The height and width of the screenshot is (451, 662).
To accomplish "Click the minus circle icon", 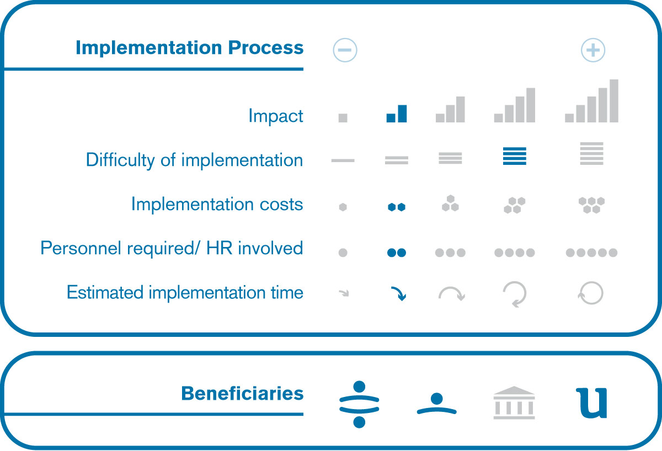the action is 345,50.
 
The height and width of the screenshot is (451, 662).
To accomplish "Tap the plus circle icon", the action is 593,50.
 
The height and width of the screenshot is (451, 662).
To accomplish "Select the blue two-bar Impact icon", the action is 397,114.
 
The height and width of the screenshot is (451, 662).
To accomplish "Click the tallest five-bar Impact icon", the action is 591,101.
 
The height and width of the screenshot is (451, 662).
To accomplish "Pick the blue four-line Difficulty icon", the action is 515,156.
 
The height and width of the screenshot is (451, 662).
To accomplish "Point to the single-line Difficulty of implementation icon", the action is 343,160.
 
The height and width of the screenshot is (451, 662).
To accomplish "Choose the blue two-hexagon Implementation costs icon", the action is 397,207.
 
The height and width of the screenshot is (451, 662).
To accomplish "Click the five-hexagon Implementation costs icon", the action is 591,205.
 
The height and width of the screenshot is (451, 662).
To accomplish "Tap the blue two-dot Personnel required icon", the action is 397,253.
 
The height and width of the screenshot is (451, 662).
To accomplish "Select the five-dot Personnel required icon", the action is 591,253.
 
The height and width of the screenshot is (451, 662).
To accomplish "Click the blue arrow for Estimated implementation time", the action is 399,293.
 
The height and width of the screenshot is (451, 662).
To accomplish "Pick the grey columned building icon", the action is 514,402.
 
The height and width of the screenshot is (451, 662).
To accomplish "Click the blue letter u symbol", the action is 591,403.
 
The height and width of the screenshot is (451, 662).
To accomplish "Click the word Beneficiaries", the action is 242,394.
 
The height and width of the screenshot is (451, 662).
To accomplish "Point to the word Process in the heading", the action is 266,48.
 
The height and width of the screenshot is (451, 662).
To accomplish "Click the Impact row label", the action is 276,116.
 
